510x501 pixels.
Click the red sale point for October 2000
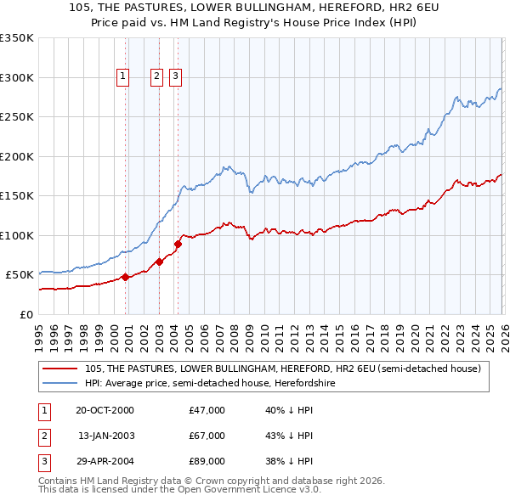pos(125,277)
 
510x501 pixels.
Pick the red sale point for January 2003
pos(159,262)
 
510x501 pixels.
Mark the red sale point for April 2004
pos(178,245)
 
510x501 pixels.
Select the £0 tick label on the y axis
pos(25,314)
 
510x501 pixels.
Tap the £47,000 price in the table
pos(207,410)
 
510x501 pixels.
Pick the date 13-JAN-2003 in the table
pos(105,436)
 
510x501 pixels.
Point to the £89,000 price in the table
pos(207,461)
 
